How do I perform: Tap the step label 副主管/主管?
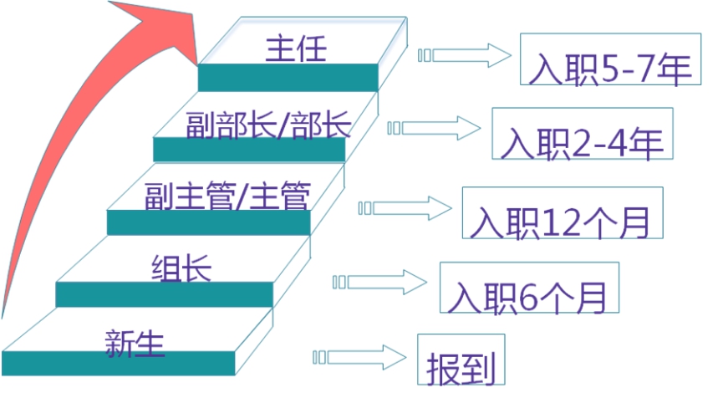227,197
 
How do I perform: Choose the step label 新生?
135,343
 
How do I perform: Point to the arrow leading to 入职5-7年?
465,56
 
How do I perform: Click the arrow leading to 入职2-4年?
435,128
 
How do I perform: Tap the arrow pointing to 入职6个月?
380,280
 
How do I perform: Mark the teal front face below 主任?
288,78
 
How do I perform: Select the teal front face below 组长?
164,294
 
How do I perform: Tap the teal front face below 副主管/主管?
208,222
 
